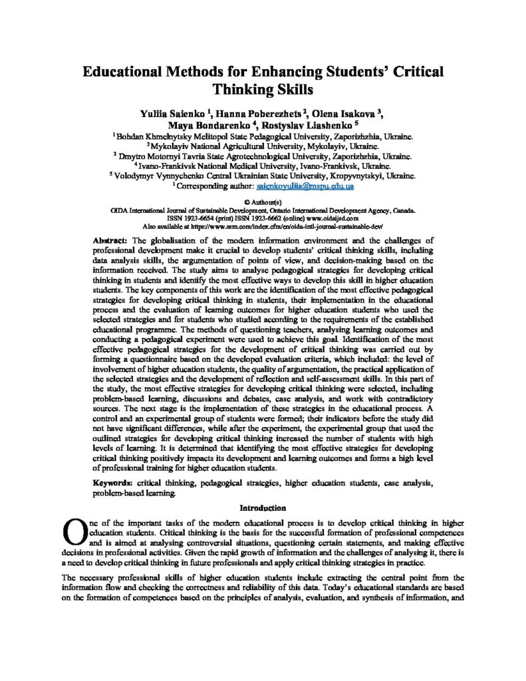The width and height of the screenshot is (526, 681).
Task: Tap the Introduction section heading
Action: pos(263,508)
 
